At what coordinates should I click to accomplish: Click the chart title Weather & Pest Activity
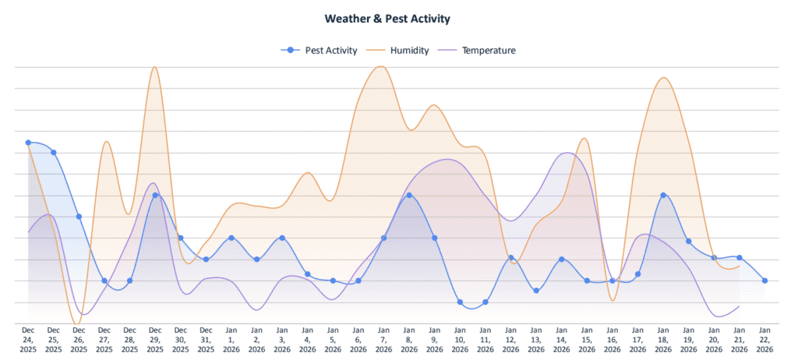click(x=398, y=17)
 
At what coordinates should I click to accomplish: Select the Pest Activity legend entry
click(x=320, y=51)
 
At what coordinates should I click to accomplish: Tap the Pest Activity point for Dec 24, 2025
click(x=28, y=143)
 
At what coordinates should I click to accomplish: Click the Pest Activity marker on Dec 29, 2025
click(x=155, y=196)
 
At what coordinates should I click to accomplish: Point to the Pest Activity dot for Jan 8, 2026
click(x=409, y=196)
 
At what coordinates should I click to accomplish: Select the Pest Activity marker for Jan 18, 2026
click(x=663, y=196)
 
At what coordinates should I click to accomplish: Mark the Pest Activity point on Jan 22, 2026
click(x=765, y=281)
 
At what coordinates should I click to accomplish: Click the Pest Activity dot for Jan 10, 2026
click(x=460, y=302)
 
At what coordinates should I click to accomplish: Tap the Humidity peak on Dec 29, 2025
click(x=155, y=67)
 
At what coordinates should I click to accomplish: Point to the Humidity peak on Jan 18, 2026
click(x=663, y=78)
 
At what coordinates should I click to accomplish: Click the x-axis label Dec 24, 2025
click(x=28, y=340)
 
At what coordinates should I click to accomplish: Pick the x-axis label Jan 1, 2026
click(x=231, y=340)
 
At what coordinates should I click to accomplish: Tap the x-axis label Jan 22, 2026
click(x=765, y=340)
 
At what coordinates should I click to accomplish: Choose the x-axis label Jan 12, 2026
click(x=510, y=340)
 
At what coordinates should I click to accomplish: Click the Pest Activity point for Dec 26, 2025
click(x=79, y=217)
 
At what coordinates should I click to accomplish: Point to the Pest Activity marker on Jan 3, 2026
click(x=282, y=238)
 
